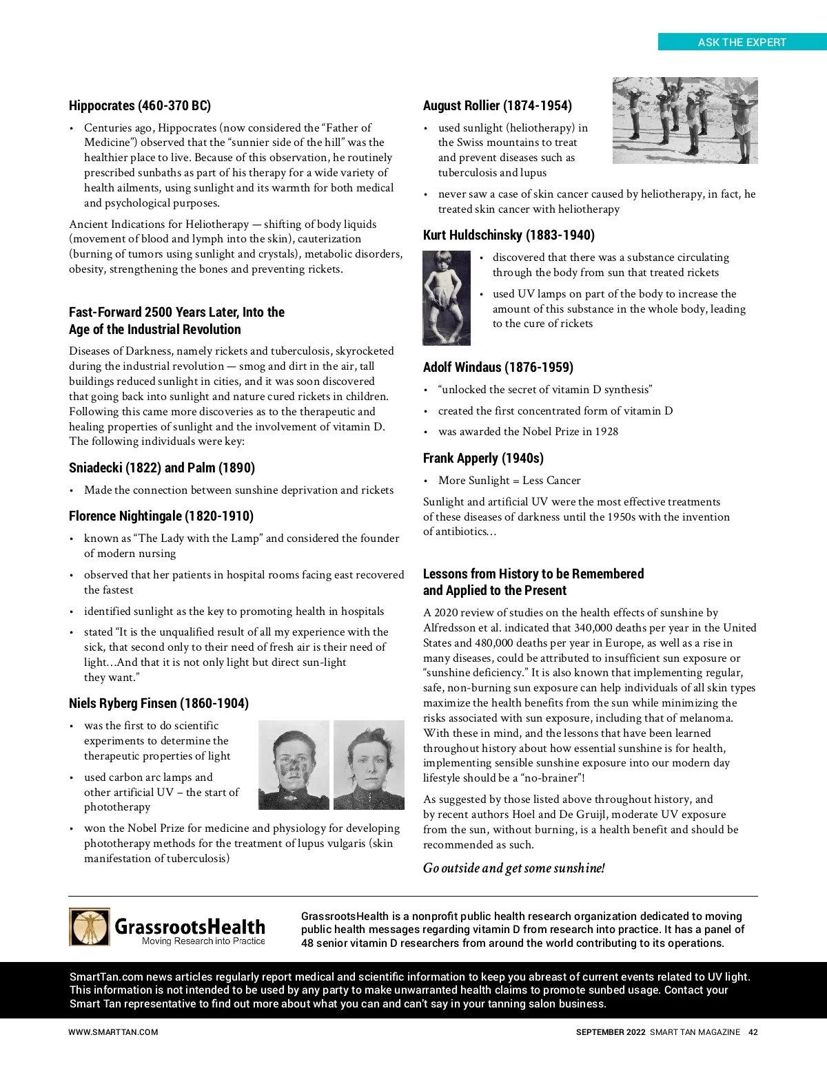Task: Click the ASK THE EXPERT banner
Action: [x=742, y=42]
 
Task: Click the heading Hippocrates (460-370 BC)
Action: [x=140, y=105]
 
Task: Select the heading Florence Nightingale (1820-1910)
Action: [x=161, y=516]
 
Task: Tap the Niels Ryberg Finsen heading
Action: [x=159, y=703]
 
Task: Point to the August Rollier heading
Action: [x=498, y=105]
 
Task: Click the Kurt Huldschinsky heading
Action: [x=509, y=235]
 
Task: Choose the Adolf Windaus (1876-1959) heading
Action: [x=498, y=367]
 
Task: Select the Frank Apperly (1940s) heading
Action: [x=483, y=458]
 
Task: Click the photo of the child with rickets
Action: [x=447, y=297]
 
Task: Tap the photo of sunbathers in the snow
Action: [x=685, y=121]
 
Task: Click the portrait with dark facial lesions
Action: [x=294, y=765]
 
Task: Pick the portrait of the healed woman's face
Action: [x=369, y=765]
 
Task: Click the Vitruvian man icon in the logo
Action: [x=90, y=927]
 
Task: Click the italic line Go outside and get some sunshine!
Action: [x=514, y=868]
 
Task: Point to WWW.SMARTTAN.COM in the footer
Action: [x=113, y=1032]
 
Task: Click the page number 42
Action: [x=753, y=1032]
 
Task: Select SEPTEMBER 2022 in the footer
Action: [x=611, y=1032]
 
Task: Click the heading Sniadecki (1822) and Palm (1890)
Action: [x=162, y=468]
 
